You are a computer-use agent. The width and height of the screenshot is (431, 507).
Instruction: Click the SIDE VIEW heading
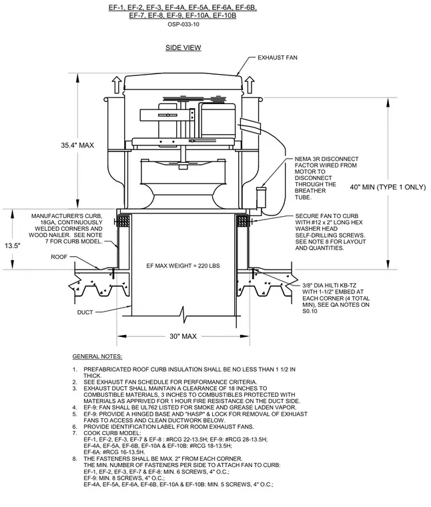[x=183, y=47]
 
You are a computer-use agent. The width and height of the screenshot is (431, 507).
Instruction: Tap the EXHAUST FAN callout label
[x=278, y=57]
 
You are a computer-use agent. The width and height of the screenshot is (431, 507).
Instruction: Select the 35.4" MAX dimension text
[x=77, y=145]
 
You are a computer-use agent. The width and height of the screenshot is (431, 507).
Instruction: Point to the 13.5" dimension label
[x=12, y=245]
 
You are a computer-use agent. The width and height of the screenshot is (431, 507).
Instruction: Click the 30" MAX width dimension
[x=183, y=337]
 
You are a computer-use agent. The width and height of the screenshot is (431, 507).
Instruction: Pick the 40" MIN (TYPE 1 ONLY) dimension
[x=388, y=187]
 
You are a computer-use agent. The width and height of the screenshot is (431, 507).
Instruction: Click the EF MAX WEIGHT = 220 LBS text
[x=183, y=266]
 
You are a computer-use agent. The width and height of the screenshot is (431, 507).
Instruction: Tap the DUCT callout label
[x=85, y=312]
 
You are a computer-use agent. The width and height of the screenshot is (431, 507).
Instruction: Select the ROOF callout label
[x=59, y=257]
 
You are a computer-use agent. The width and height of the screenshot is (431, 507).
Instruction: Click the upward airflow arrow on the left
[x=117, y=85]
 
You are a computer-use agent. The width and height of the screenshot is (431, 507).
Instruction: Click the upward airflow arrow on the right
[x=250, y=85]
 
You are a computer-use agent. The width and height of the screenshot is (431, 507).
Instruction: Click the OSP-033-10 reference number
[x=183, y=24]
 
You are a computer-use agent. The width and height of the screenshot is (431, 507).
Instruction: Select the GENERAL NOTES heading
[x=97, y=356]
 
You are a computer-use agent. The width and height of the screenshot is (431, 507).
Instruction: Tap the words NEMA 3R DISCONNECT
[x=326, y=159]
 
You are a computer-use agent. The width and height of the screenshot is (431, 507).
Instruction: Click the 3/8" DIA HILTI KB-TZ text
[x=330, y=286]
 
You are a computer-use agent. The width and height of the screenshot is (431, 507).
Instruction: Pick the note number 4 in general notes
[x=75, y=408]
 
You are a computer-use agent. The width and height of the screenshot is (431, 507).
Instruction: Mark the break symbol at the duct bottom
[x=183, y=314]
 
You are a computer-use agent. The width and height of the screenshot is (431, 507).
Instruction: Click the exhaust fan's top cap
[x=183, y=83]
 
